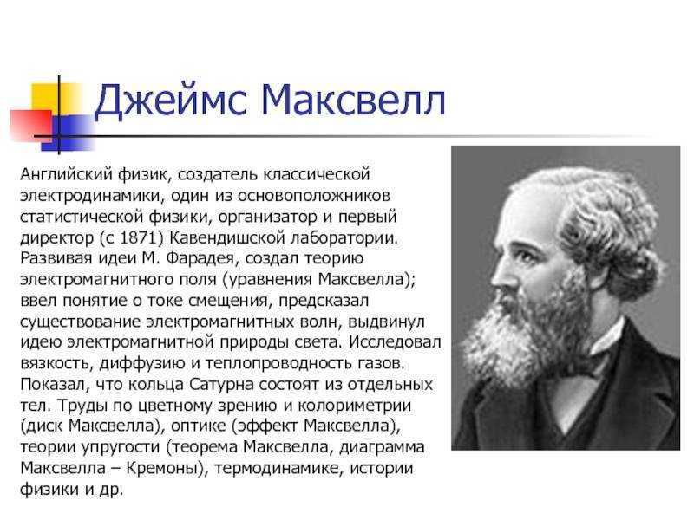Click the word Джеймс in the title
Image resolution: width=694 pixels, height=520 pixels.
click(170, 101)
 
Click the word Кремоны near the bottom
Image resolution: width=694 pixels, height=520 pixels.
click(162, 468)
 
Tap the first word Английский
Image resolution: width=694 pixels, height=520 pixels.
click(67, 175)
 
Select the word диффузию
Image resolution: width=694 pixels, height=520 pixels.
click(142, 363)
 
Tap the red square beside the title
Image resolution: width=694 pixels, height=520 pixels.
click(31, 125)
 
